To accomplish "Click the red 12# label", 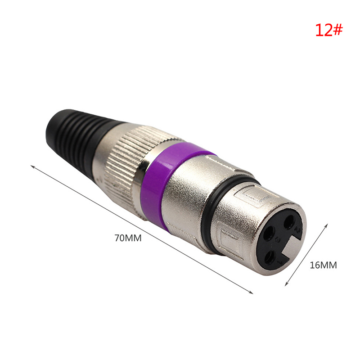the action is pyautogui.click(x=328, y=30).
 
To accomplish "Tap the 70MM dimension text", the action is pyautogui.click(x=128, y=238).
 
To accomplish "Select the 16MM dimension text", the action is pyautogui.click(x=323, y=265).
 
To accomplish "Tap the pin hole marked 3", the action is pyautogui.click(x=269, y=233).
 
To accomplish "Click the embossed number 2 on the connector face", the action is pyautogui.click(x=298, y=230).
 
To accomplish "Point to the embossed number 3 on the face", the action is pyautogui.click(x=278, y=240).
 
